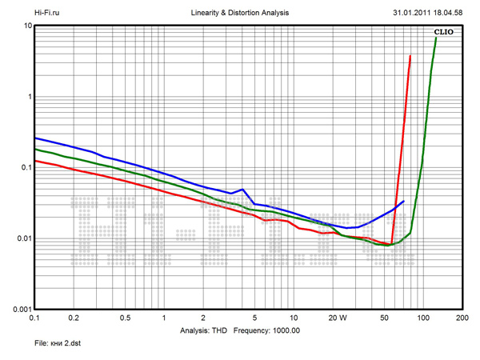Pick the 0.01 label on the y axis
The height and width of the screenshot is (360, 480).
click(22, 238)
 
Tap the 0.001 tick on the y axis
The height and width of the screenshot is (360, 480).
click(21, 309)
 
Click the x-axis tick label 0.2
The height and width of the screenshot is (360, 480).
click(74, 318)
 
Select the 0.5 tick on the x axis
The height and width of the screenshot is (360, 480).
click(126, 318)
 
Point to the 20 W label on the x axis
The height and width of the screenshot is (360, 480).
click(337, 318)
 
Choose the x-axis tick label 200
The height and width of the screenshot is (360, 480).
click(462, 318)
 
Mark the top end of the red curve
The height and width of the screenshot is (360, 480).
click(410, 56)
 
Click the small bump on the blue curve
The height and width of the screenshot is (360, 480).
click(242, 190)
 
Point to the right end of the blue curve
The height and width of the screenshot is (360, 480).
click(404, 202)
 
